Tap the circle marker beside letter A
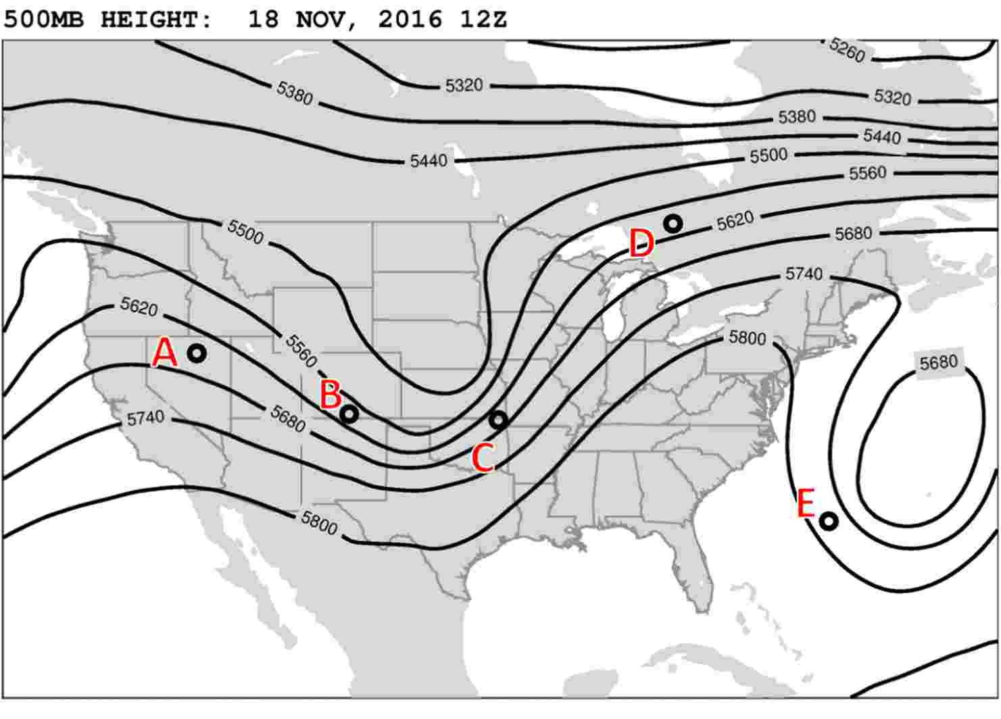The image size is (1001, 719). point(197,353)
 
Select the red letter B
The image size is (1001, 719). point(331,395)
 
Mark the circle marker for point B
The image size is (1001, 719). point(349,414)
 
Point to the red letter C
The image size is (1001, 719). point(483,458)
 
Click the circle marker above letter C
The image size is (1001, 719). point(498,420)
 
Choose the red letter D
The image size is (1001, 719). point(641,243)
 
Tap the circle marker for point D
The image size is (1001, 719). point(673,223)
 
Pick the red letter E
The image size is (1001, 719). point(806,504)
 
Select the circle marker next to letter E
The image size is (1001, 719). point(829,521)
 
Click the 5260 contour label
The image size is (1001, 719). point(847,50)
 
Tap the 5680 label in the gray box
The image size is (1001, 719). point(938,364)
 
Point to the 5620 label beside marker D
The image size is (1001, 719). point(735,222)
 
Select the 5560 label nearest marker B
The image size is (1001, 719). point(301,350)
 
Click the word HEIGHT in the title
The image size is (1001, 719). point(157,19)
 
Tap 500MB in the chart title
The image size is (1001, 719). point(44,19)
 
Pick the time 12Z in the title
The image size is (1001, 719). point(483,19)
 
